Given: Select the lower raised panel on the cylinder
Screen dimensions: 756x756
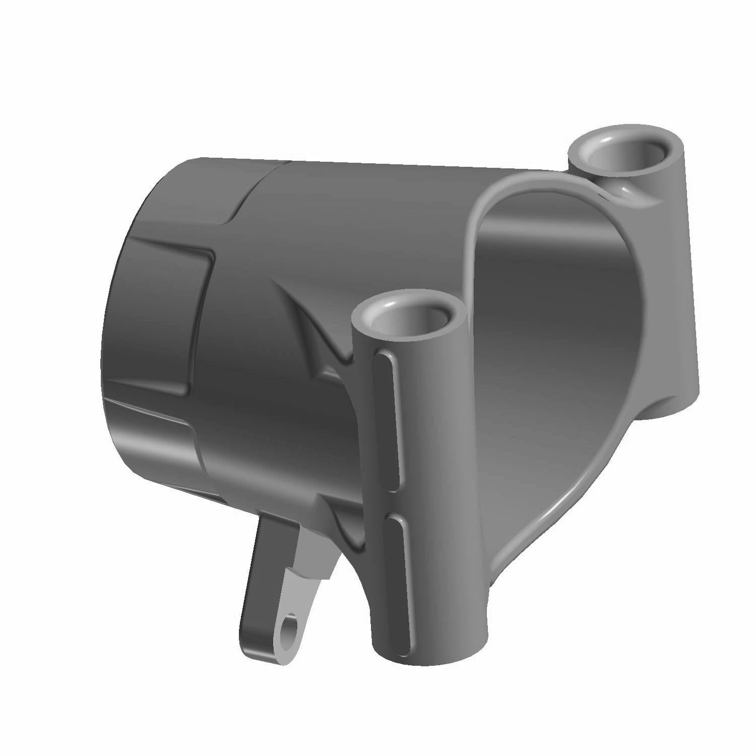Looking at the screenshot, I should pos(151,428).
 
